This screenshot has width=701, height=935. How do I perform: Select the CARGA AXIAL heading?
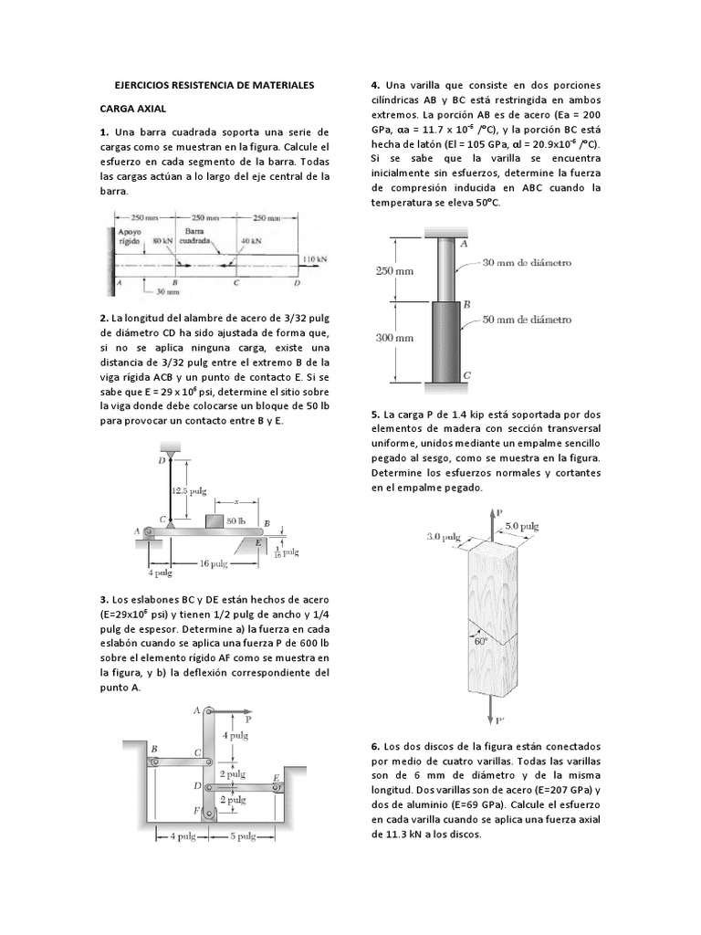132,108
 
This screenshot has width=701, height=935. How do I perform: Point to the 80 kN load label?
163,239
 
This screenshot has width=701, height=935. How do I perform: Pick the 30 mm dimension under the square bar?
166,292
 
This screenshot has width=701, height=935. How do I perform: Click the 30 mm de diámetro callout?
528,262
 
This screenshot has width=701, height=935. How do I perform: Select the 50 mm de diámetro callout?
528,320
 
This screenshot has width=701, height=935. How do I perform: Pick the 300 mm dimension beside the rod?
394,337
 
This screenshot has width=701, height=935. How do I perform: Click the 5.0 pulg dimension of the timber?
524,526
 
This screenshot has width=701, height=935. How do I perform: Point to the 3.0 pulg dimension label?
443,537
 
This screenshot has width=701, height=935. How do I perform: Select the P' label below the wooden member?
500,720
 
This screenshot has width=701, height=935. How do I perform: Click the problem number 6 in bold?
376,746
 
